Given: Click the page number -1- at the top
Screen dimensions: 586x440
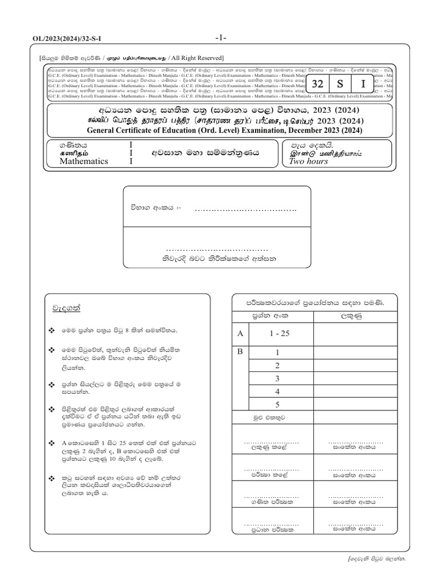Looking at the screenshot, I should coord(221,38).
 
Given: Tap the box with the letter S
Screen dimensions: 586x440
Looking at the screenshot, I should coord(340,84).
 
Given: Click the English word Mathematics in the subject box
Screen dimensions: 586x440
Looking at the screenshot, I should coord(84,161).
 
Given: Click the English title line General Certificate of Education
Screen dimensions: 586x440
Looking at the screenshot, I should coord(219,131).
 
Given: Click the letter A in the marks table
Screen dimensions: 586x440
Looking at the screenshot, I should coord(240,333).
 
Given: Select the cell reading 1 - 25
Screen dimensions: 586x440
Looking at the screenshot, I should coord(277,333).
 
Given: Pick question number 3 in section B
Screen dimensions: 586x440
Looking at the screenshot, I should coord(277,378).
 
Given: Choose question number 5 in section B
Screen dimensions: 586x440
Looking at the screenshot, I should coord(277,404).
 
